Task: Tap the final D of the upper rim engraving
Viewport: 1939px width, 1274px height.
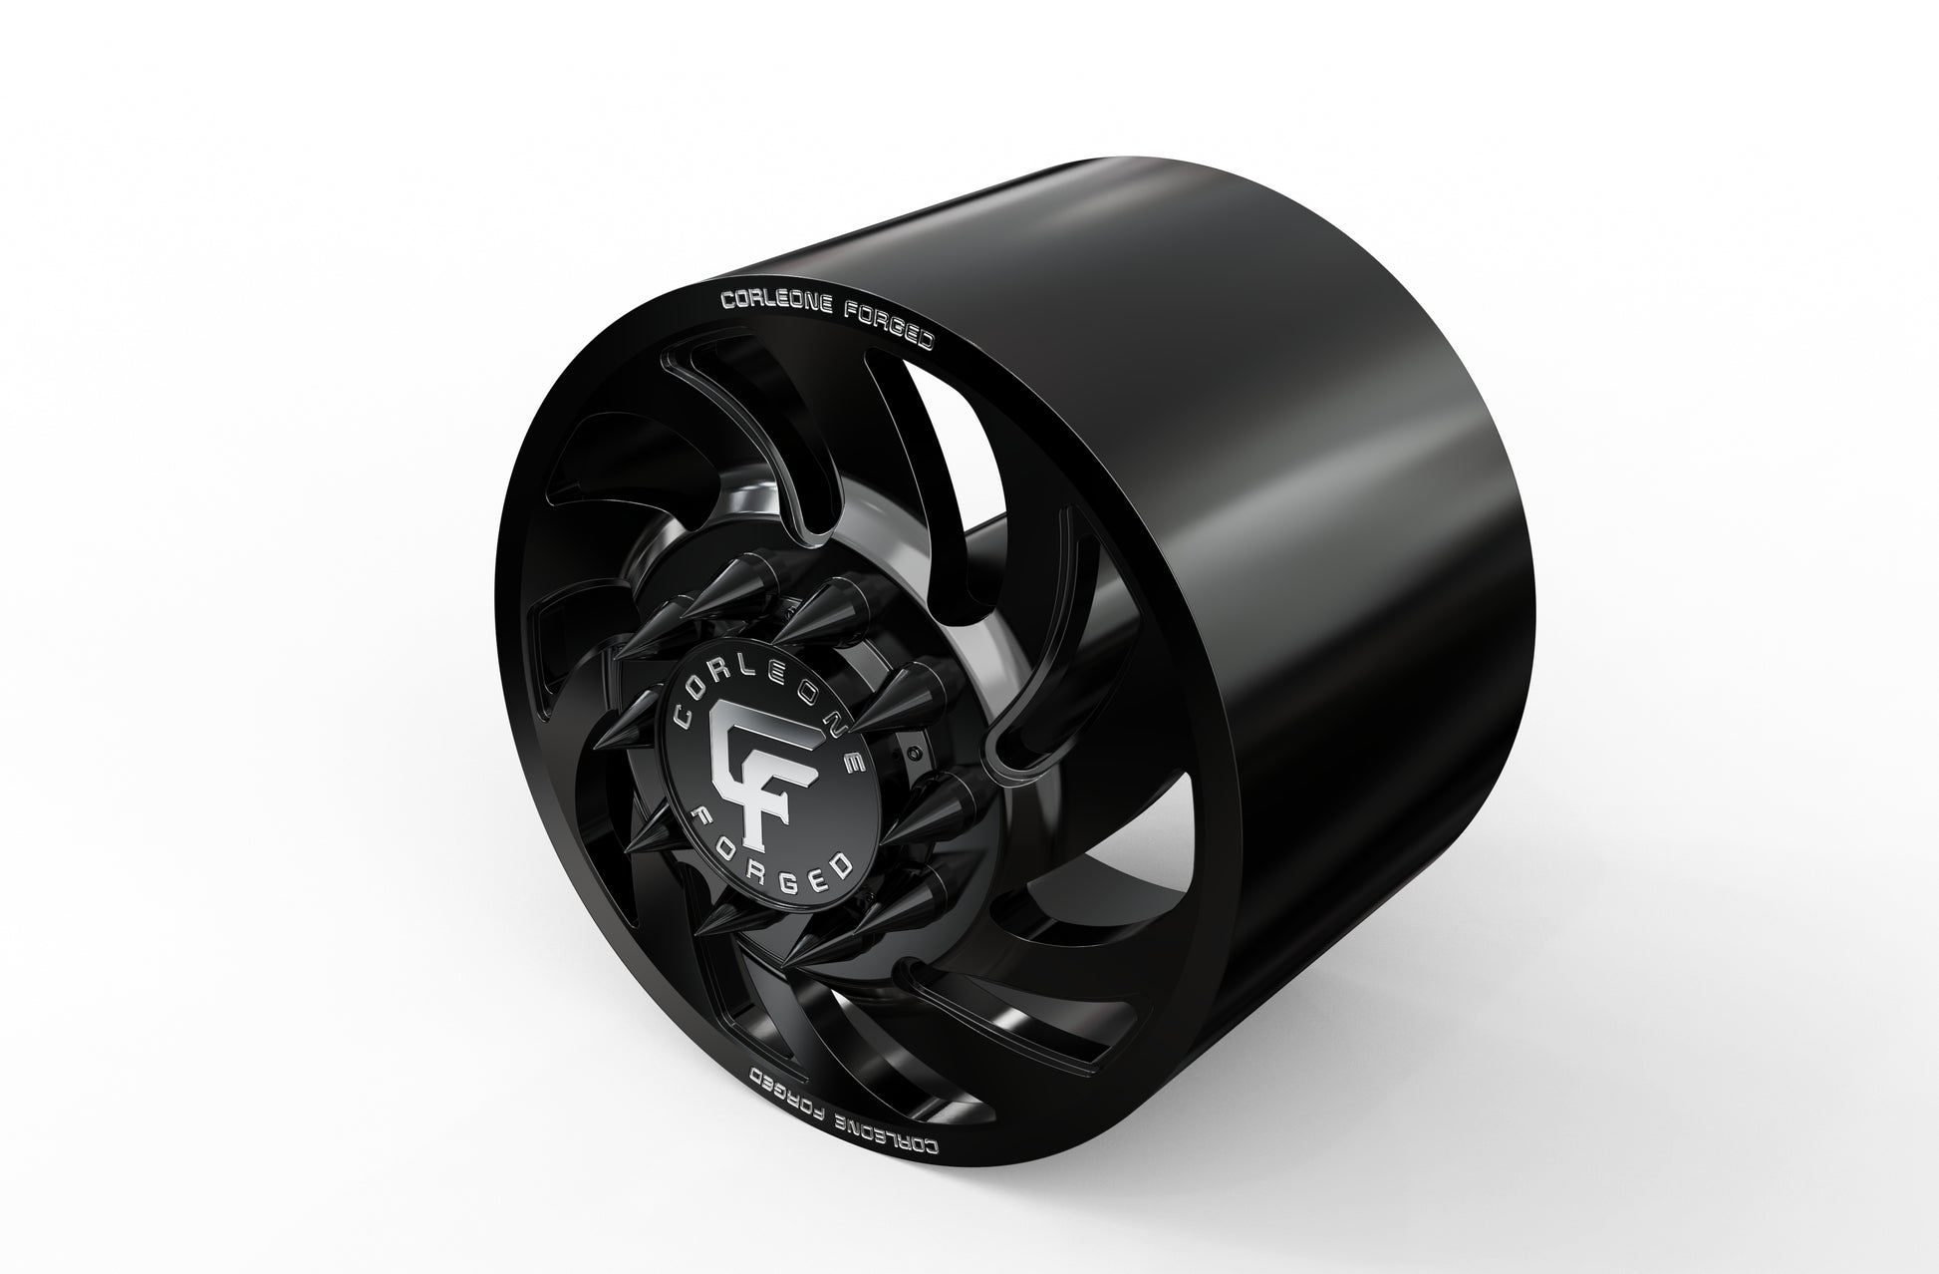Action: click(927, 342)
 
